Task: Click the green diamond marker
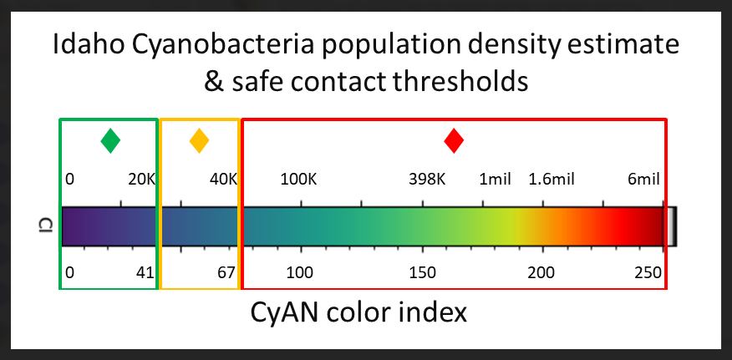point(110,140)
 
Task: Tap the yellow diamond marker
point(200,140)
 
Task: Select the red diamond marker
point(454,140)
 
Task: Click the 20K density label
point(141,180)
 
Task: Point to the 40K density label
point(223,180)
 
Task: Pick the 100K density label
point(298,180)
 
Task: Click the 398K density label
point(427,180)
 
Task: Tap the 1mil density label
point(496,180)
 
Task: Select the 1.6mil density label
point(552,180)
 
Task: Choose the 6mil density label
point(643,180)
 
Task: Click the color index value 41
point(145,272)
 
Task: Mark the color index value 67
point(226,272)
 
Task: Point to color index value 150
point(423,272)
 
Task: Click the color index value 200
point(541,272)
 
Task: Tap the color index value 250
point(648,272)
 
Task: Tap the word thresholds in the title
point(460,82)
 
